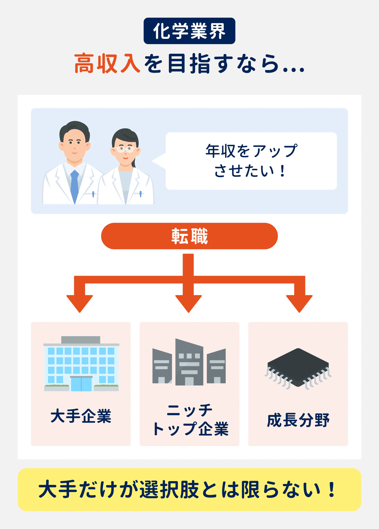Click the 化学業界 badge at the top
click(189, 31)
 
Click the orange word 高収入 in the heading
click(107, 63)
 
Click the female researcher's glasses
click(125, 149)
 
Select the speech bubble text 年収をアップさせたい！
click(251, 161)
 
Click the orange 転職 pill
click(189, 236)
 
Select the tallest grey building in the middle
click(189, 362)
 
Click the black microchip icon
click(298, 368)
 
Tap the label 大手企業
click(81, 416)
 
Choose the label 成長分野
click(298, 420)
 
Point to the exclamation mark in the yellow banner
click(331, 490)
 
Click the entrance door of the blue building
click(81, 384)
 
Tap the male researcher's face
click(74, 143)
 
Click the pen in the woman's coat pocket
click(140, 194)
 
